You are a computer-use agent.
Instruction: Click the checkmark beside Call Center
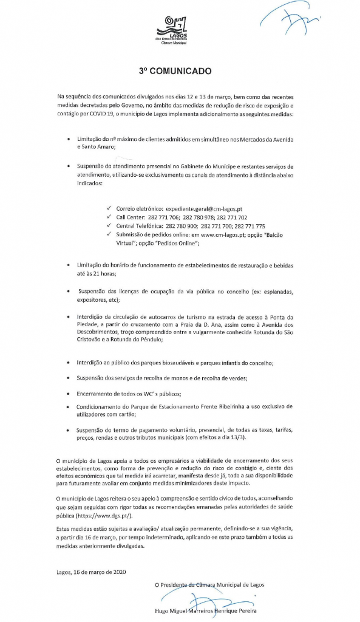tap(109, 217)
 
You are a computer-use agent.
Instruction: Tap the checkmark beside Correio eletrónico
tap(109, 208)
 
